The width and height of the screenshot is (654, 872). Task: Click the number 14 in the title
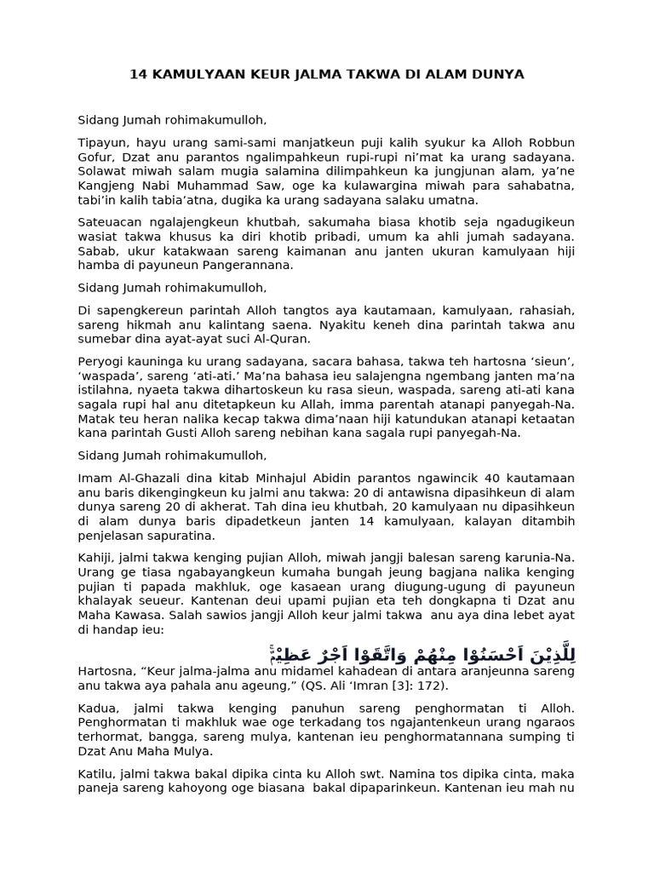click(x=138, y=75)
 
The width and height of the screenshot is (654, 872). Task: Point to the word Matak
click(x=95, y=418)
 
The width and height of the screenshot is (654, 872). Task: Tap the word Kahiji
click(x=95, y=558)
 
